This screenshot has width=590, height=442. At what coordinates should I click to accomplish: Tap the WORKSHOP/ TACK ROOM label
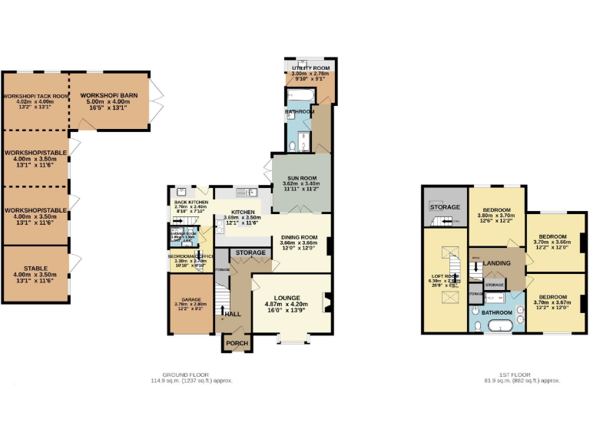tap(35, 97)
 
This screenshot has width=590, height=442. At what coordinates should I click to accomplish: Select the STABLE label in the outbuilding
tap(35, 269)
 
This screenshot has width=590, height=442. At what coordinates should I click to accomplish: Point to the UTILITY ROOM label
tap(311, 69)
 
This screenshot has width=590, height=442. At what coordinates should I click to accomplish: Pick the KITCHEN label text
tap(243, 213)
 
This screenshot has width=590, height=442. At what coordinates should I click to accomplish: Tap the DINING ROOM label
tap(298, 238)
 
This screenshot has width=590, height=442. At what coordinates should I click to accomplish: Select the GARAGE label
tap(191, 299)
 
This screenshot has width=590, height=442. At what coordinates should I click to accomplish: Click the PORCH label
tap(236, 343)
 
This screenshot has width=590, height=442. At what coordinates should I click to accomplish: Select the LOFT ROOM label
tap(444, 276)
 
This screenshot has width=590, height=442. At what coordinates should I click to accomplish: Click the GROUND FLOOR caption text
tap(191, 375)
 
